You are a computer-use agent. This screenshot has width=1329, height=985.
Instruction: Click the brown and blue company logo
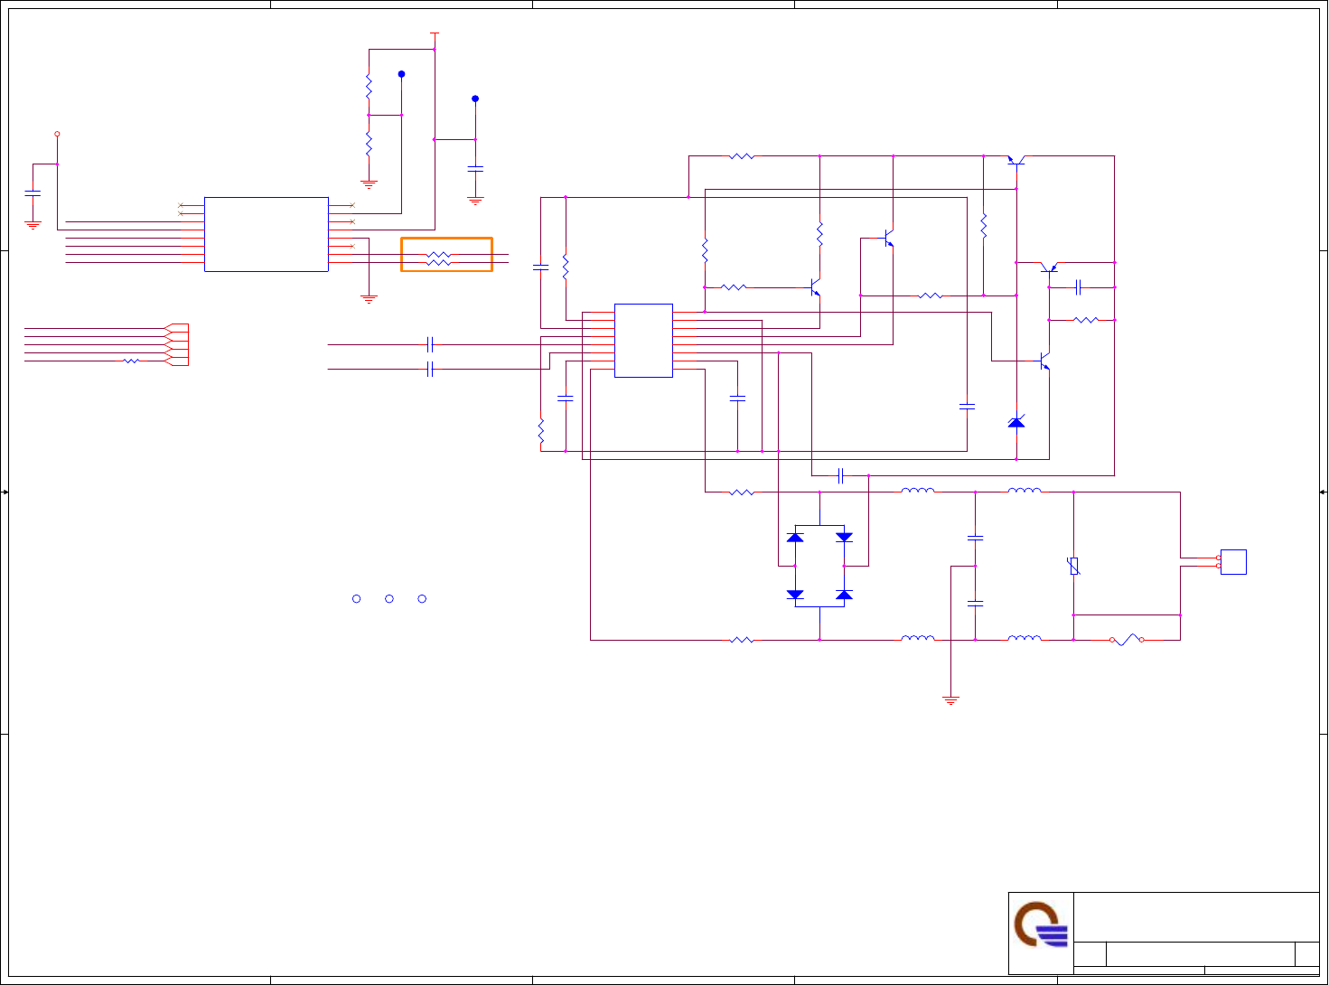point(1041,924)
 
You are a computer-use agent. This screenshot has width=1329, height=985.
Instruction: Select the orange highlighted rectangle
point(446,255)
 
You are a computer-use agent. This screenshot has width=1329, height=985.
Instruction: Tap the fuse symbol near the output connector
point(1126,640)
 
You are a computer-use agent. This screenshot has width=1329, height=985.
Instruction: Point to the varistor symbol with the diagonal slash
point(1073,567)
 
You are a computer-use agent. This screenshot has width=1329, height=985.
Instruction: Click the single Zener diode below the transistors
point(1016,422)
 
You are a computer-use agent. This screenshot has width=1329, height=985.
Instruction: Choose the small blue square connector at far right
point(1233,562)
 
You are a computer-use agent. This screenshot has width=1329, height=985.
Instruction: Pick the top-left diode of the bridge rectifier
point(795,537)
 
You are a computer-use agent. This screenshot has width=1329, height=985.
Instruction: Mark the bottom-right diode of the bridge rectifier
point(844,595)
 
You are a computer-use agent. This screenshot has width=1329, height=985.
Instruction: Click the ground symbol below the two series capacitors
point(950,699)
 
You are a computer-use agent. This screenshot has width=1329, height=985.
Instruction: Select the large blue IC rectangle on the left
point(266,234)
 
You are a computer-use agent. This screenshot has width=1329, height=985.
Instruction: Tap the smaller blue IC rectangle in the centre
point(643,340)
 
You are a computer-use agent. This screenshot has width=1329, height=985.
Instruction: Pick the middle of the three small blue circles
point(389,598)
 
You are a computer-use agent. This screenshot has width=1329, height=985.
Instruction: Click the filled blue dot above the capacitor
point(475,98)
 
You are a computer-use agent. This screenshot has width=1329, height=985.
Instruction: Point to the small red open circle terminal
point(57,134)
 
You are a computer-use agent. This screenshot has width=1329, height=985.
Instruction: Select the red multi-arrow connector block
point(177,344)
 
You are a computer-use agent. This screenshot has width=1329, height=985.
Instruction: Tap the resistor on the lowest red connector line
point(131,361)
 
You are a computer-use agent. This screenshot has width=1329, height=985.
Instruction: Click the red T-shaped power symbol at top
point(435,33)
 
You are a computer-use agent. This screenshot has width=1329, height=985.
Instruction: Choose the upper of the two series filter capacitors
point(975,538)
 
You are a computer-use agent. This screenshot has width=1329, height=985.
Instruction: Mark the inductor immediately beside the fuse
point(1024,639)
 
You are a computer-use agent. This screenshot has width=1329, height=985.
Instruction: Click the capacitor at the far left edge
point(33,193)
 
